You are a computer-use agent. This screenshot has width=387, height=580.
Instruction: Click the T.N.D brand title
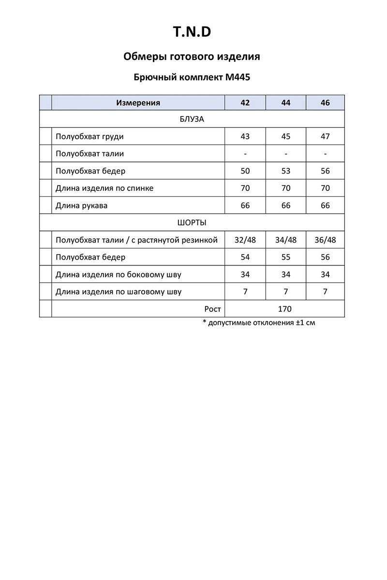pos(192,32)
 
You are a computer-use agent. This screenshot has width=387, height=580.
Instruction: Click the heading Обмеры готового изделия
pos(192,57)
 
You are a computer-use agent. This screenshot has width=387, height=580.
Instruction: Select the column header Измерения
pos(138,102)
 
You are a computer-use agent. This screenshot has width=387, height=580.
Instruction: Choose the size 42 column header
pos(245,102)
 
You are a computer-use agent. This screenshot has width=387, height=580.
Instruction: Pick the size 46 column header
pos(325,102)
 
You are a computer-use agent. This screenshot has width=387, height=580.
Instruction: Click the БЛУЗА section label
pos(192,119)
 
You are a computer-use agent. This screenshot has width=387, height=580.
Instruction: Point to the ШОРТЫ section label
pos(192,223)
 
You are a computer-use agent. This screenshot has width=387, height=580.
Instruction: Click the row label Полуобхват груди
pos(89,136)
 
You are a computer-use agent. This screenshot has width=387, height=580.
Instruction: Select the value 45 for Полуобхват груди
pos(285,136)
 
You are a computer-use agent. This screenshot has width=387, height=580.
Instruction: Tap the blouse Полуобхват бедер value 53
pos(285,171)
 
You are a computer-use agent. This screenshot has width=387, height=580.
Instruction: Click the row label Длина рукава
pos(81,205)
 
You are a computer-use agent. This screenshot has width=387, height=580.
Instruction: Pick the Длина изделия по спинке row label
pos(104,188)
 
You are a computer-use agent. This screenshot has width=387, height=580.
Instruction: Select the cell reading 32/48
pos(245,240)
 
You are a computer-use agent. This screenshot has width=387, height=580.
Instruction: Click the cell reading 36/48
pos(325,240)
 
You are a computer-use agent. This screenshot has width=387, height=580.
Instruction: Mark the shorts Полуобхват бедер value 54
pos(245,257)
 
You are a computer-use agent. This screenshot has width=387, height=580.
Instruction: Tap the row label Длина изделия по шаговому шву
pos(119,291)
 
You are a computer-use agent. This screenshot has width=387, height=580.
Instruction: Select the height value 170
pos(285,309)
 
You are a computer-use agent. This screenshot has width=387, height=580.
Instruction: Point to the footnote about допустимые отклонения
pos(259,322)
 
